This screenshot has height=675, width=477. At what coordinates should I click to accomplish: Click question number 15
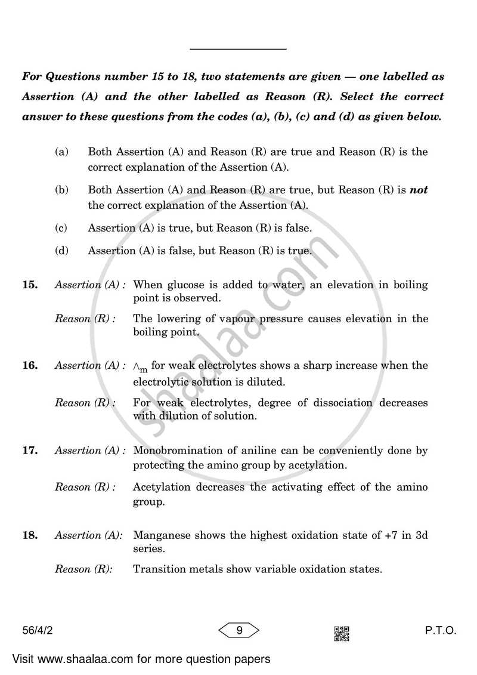(x=30, y=285)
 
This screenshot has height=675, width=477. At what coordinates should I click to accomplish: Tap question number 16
(x=30, y=366)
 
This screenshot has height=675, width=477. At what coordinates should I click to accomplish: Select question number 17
(x=30, y=451)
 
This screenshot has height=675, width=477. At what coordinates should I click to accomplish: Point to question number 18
(x=30, y=536)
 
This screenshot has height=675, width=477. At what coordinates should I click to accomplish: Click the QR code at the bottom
(x=342, y=633)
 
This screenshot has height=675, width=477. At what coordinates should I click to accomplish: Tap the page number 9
(x=238, y=630)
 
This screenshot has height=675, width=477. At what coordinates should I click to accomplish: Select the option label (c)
(x=61, y=228)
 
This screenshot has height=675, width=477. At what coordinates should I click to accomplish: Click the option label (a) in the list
(x=61, y=152)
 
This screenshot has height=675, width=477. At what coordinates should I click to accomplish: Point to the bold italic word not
(x=419, y=190)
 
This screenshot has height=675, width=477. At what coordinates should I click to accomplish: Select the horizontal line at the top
(x=238, y=49)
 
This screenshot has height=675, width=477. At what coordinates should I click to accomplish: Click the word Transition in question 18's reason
(x=157, y=569)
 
